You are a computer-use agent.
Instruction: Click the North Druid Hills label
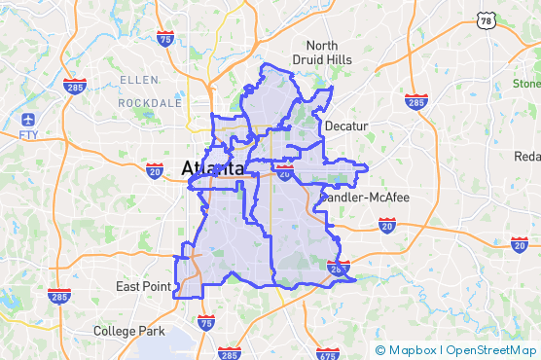click(322, 53)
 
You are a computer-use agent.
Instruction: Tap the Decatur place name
click(347, 126)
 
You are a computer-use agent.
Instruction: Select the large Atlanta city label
click(211, 168)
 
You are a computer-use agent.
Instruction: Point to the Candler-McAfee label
click(365, 198)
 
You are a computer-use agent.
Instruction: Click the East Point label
click(143, 286)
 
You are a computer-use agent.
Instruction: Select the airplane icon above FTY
click(28, 119)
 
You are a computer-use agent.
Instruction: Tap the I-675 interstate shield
click(328, 353)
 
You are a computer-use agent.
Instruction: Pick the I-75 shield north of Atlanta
click(166, 40)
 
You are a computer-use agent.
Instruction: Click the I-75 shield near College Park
click(206, 323)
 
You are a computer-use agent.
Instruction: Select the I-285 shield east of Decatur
click(416, 101)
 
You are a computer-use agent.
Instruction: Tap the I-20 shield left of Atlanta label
click(155, 171)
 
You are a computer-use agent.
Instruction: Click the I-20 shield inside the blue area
click(284, 172)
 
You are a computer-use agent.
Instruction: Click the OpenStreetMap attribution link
click(491, 350)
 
